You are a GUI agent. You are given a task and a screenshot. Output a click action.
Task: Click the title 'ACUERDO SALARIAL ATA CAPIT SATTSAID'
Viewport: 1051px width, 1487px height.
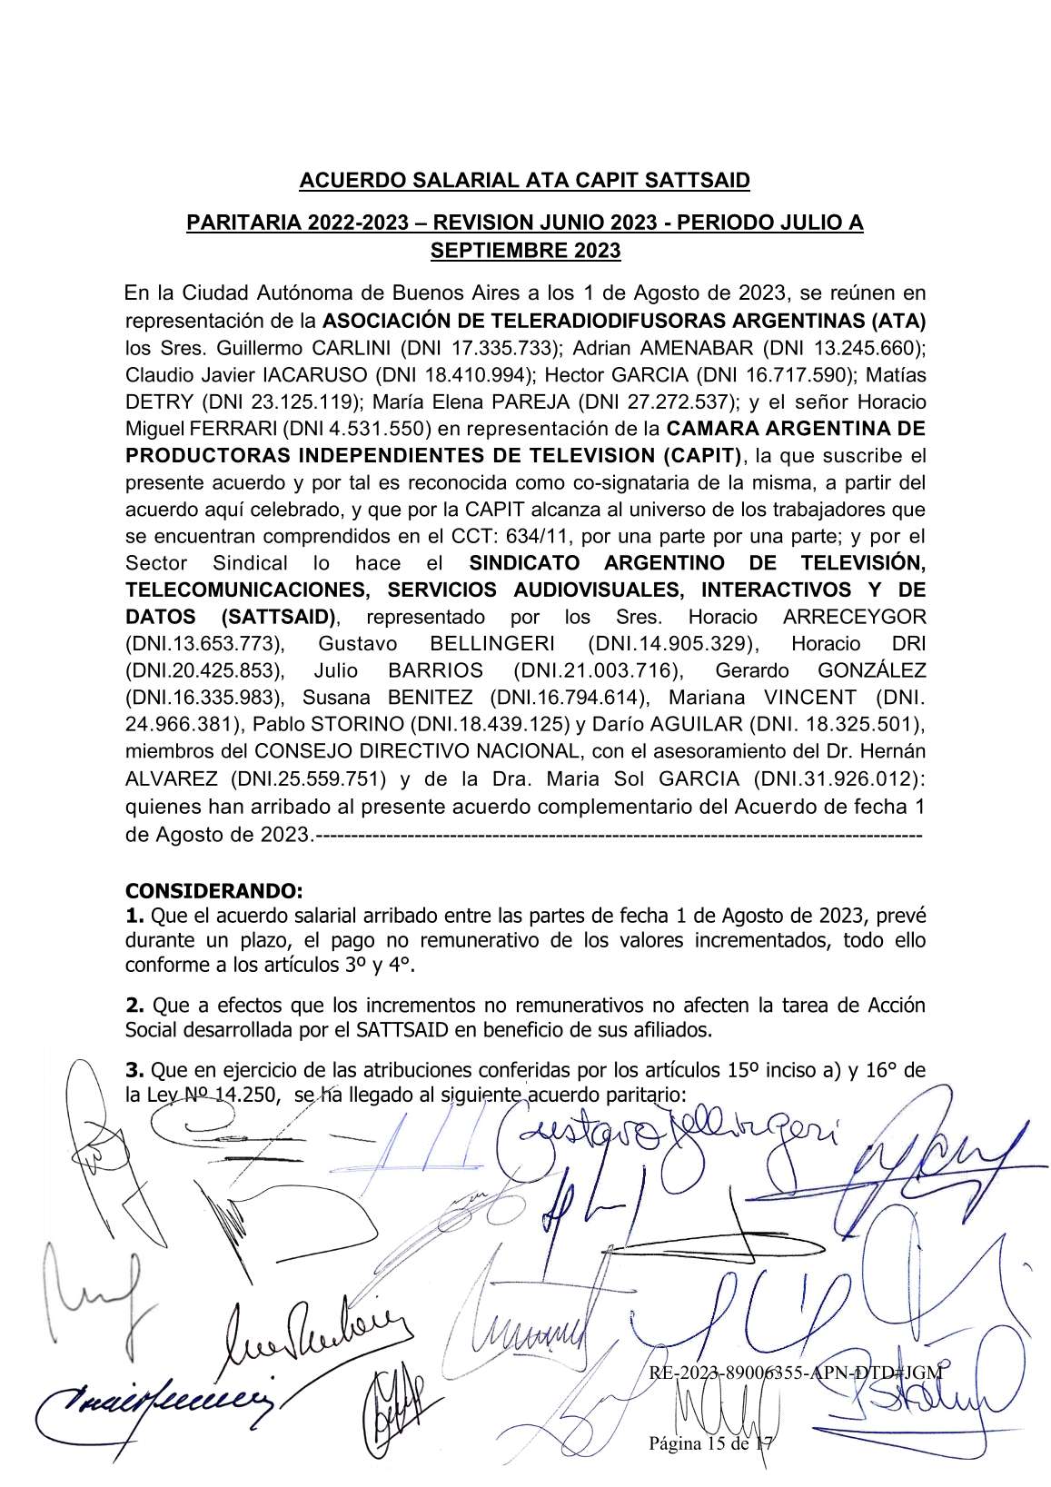click(525, 181)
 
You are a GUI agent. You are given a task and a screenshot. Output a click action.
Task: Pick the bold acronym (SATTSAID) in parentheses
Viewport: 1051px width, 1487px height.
click(278, 617)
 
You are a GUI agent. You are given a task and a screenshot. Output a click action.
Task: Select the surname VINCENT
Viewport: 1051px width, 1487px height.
click(809, 698)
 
